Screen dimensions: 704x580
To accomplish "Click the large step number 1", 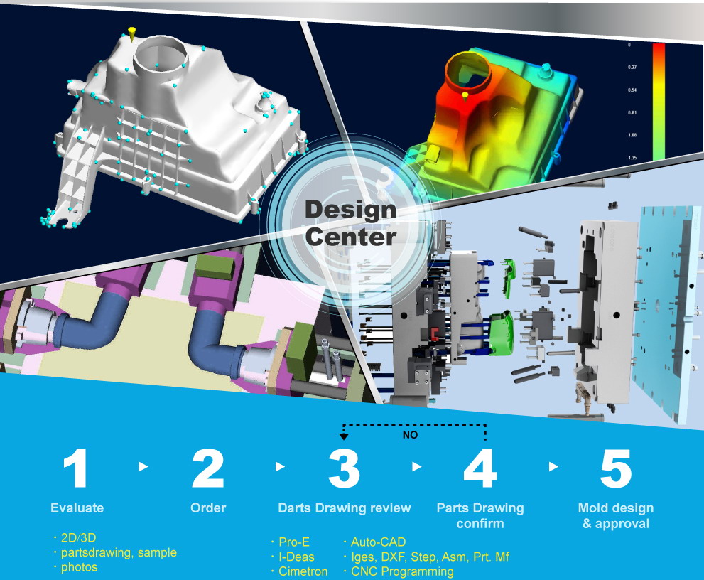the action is pyautogui.click(x=75, y=468).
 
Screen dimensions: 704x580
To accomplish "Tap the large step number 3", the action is pyautogui.click(x=344, y=468).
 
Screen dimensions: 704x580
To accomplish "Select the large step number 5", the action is pyautogui.click(x=615, y=468).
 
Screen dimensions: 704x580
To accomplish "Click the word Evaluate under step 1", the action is pyautogui.click(x=77, y=507).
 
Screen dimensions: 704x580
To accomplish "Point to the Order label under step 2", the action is pyautogui.click(x=208, y=507).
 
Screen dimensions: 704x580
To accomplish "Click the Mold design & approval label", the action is pyautogui.click(x=615, y=516).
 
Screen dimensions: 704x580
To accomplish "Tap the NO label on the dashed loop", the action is pyautogui.click(x=410, y=434).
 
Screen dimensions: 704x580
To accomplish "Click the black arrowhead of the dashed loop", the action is pyautogui.click(x=343, y=436).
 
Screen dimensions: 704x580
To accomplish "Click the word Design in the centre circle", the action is pyautogui.click(x=350, y=210).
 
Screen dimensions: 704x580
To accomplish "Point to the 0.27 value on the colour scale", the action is pyautogui.click(x=632, y=68).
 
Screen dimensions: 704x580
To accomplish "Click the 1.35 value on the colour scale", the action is pyautogui.click(x=632, y=158).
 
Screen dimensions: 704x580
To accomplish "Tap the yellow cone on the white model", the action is pyautogui.click(x=131, y=33).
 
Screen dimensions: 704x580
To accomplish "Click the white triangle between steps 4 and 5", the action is pyautogui.click(x=553, y=467).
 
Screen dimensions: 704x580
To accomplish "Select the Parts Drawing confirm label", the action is pyautogui.click(x=480, y=516).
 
